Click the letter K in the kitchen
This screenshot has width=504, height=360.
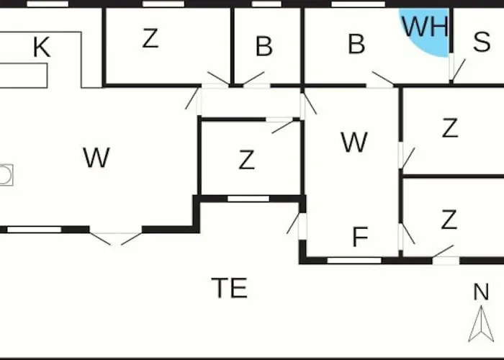click(x=42, y=48)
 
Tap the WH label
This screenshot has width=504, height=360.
click(x=425, y=27)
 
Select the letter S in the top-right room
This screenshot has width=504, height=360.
click(x=482, y=43)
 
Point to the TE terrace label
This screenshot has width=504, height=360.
click(x=230, y=288)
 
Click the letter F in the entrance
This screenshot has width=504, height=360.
click(x=360, y=237)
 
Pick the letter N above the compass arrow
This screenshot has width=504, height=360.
click(x=481, y=292)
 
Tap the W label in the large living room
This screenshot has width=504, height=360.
click(x=96, y=157)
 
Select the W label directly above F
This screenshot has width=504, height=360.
click(x=354, y=143)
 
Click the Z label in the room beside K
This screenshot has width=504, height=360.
click(x=150, y=38)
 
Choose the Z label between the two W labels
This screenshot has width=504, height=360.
click(x=246, y=160)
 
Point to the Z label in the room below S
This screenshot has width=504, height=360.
click(x=450, y=128)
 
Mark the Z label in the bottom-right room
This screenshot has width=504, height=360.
click(x=449, y=220)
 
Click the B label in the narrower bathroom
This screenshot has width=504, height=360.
click(x=264, y=47)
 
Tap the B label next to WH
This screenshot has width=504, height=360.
click(x=356, y=44)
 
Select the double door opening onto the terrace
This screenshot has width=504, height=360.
click(x=115, y=236)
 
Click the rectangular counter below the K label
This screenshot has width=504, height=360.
click(x=23, y=75)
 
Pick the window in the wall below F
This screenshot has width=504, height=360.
click(x=354, y=260)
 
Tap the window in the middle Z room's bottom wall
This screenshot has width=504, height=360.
click(x=248, y=198)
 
